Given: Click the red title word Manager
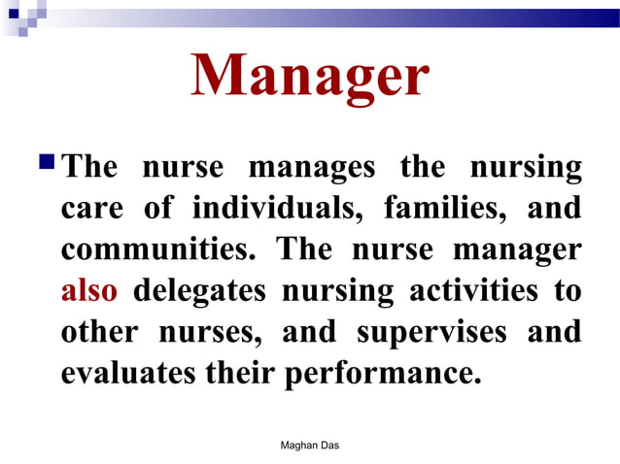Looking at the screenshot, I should click(309, 78).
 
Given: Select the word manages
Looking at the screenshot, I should click(311, 167).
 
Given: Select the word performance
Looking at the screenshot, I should click(383, 373).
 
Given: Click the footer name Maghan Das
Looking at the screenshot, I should click(309, 445).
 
